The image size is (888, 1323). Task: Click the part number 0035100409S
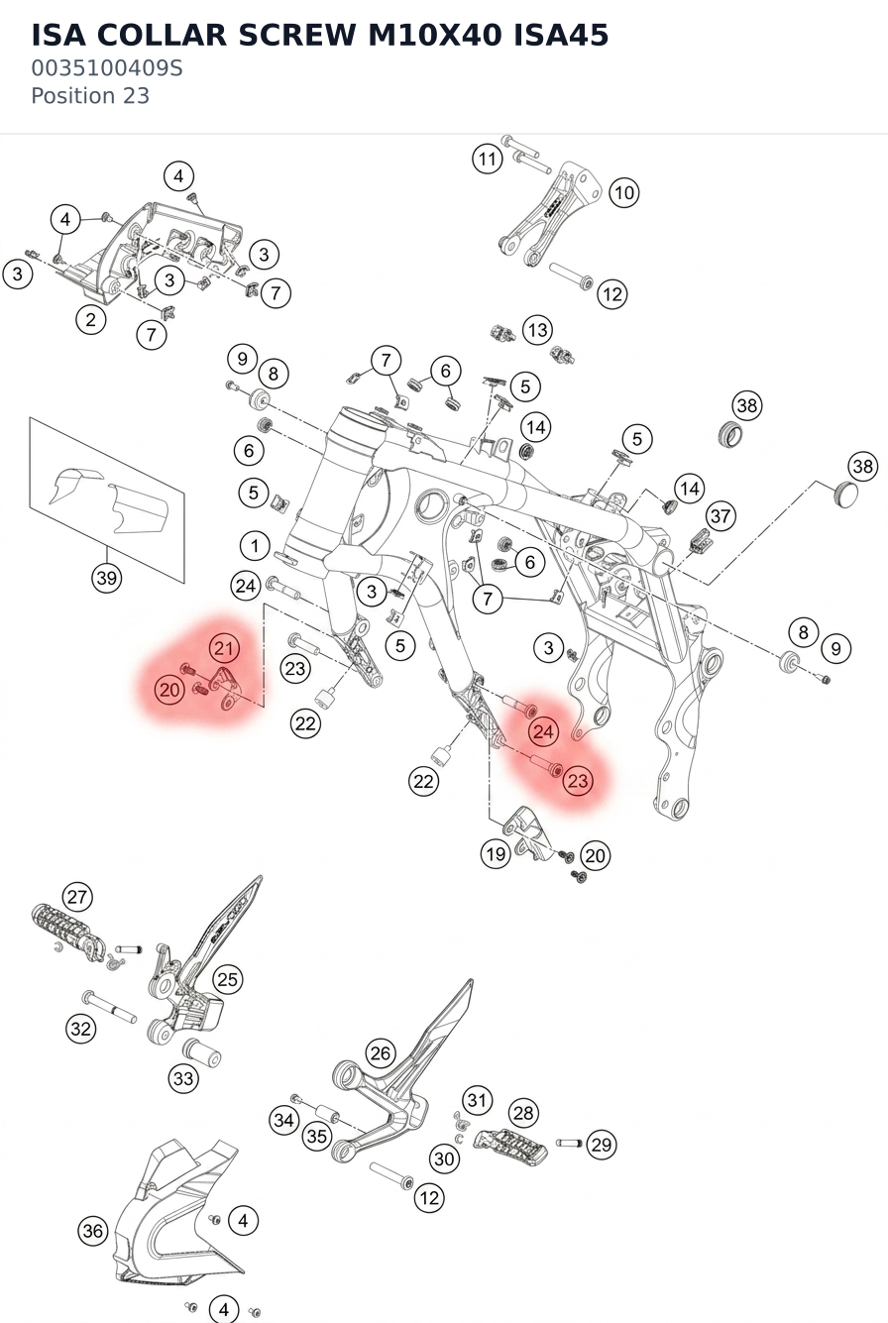pyautogui.click(x=107, y=68)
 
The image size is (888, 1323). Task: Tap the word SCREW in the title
pyautogui.click(x=297, y=35)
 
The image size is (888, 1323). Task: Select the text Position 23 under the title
pyautogui.click(x=90, y=96)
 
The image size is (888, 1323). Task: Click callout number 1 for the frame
pyautogui.click(x=255, y=546)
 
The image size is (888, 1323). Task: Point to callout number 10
pyautogui.click(x=624, y=192)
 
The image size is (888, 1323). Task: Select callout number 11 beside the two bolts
pyautogui.click(x=488, y=159)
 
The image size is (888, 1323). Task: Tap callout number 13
pyautogui.click(x=537, y=330)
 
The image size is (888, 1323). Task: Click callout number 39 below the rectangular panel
pyautogui.click(x=107, y=578)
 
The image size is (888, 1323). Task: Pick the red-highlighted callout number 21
pyautogui.click(x=224, y=648)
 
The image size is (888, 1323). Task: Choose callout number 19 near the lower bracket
pyautogui.click(x=496, y=853)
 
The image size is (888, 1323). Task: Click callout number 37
pyautogui.click(x=721, y=516)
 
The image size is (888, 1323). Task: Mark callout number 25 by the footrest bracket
pyautogui.click(x=228, y=979)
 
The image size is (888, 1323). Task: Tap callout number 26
pyautogui.click(x=381, y=1053)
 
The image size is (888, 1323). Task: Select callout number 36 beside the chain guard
pyautogui.click(x=93, y=1231)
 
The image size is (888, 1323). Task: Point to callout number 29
pyautogui.click(x=601, y=1145)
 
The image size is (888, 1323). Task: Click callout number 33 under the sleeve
pyautogui.click(x=182, y=1078)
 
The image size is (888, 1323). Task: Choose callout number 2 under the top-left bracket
pyautogui.click(x=90, y=319)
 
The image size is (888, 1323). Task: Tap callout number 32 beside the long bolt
pyautogui.click(x=81, y=1029)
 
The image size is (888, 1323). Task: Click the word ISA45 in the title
pyautogui.click(x=561, y=35)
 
